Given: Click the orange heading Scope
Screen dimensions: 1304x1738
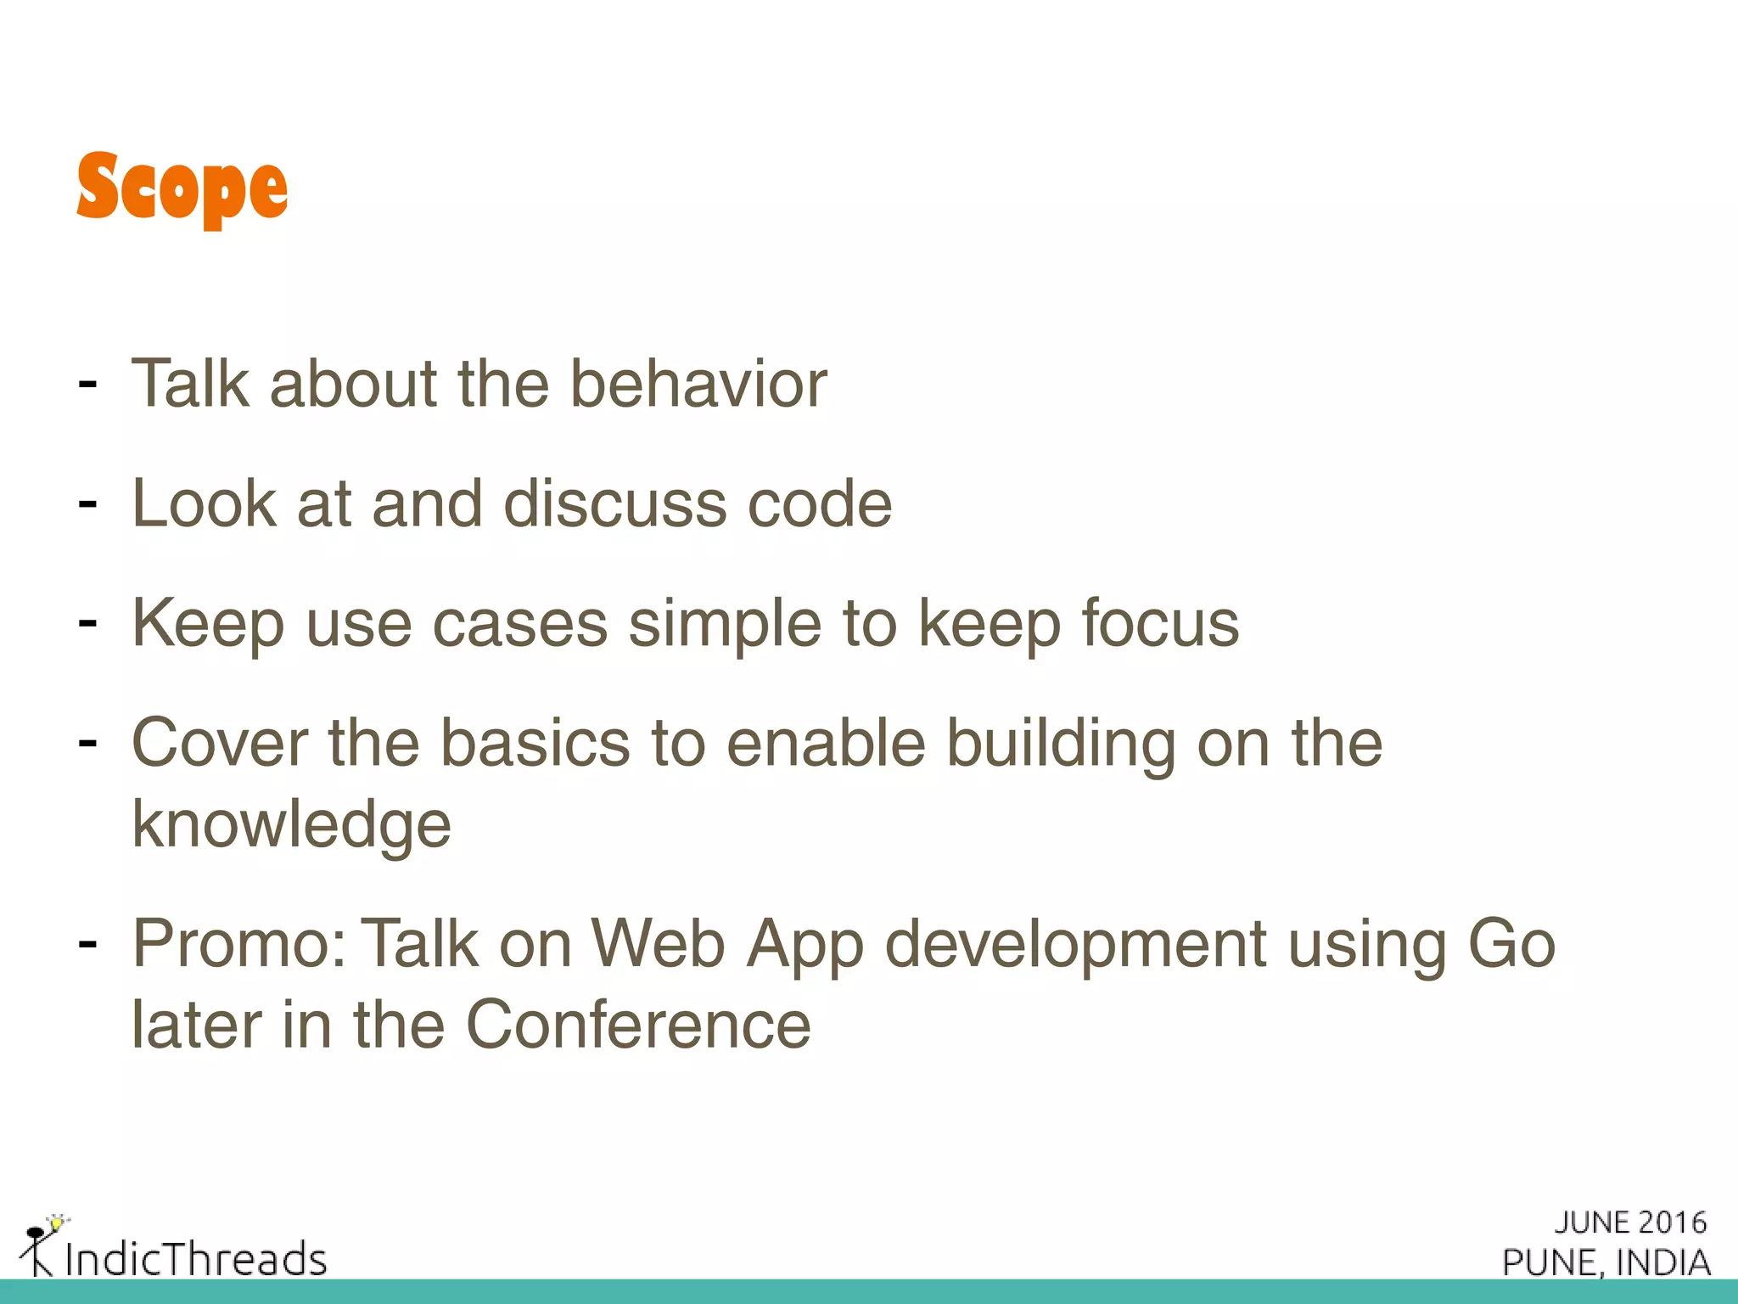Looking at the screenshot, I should click(182, 188).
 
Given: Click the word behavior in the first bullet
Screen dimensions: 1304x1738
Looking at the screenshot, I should click(698, 385).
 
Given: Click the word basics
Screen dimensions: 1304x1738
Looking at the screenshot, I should click(535, 744).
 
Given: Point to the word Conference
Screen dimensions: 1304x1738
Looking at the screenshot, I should click(638, 1026).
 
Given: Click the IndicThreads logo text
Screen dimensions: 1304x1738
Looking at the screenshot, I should click(195, 1259).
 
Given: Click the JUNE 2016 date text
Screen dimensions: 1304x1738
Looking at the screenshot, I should click(1630, 1222).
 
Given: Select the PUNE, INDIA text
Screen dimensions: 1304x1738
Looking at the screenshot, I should click(1606, 1263).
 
